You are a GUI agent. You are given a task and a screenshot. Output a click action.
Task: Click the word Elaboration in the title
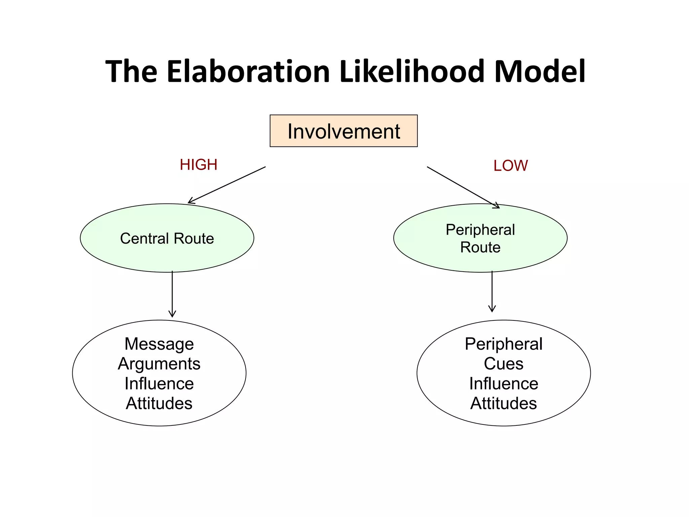tap(248, 71)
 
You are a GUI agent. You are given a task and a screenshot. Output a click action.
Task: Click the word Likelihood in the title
tap(412, 71)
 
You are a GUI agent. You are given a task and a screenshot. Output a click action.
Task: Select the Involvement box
tap(343, 131)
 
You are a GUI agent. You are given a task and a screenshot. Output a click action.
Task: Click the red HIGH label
tap(198, 165)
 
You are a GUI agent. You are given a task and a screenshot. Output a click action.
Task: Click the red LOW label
tap(510, 166)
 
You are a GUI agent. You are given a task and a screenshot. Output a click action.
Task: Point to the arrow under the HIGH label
tap(227, 185)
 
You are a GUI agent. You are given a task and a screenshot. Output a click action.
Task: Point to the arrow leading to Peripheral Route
tap(463, 187)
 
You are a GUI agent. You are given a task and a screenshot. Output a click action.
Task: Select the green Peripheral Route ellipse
tap(480, 259)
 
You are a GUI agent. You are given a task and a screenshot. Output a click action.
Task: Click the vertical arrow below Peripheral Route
tap(492, 291)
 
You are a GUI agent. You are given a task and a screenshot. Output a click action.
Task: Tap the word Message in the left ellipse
tap(159, 344)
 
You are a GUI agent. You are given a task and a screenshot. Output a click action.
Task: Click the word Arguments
tap(159, 364)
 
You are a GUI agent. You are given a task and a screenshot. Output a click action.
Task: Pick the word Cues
tap(504, 364)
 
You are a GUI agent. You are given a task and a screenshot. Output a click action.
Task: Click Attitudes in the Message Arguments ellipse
tap(159, 403)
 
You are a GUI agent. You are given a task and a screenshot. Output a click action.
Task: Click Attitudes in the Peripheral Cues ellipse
tap(504, 403)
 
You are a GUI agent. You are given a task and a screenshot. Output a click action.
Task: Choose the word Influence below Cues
tap(504, 384)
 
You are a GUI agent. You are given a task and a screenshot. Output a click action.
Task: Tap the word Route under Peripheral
tap(480, 247)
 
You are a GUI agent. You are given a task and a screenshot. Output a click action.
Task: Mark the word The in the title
tap(131, 71)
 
